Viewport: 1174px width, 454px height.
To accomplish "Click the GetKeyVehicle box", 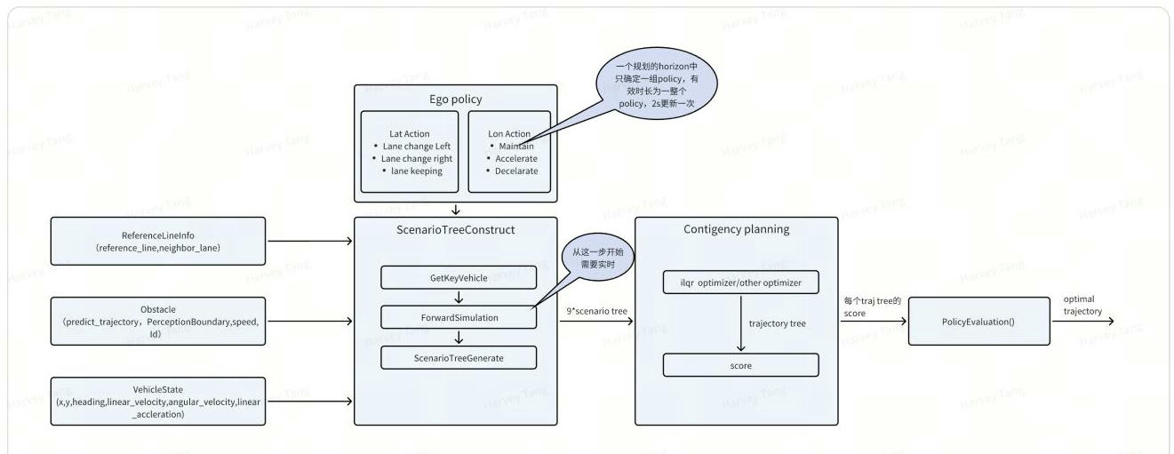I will point(459,277).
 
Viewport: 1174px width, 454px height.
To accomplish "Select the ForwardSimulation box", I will point(459,316).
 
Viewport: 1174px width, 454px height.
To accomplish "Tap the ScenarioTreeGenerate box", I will point(459,357).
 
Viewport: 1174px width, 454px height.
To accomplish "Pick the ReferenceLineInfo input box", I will point(159,241).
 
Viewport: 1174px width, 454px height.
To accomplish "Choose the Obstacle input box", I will point(159,321).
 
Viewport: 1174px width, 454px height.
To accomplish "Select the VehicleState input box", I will point(159,401).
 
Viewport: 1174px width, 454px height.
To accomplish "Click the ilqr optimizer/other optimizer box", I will point(740,283).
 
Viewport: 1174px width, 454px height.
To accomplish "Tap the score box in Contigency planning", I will point(740,365).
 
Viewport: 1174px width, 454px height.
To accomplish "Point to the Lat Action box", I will point(410,152).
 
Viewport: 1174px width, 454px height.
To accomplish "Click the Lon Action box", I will point(509,152).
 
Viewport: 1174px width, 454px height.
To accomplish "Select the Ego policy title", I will point(456,99).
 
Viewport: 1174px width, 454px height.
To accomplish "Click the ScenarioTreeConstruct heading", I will point(456,229).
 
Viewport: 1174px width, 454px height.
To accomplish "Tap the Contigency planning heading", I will point(737,229).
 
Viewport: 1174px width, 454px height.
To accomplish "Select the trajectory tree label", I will point(777,323).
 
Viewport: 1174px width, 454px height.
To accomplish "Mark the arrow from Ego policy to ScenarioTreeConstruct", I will point(456,210).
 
